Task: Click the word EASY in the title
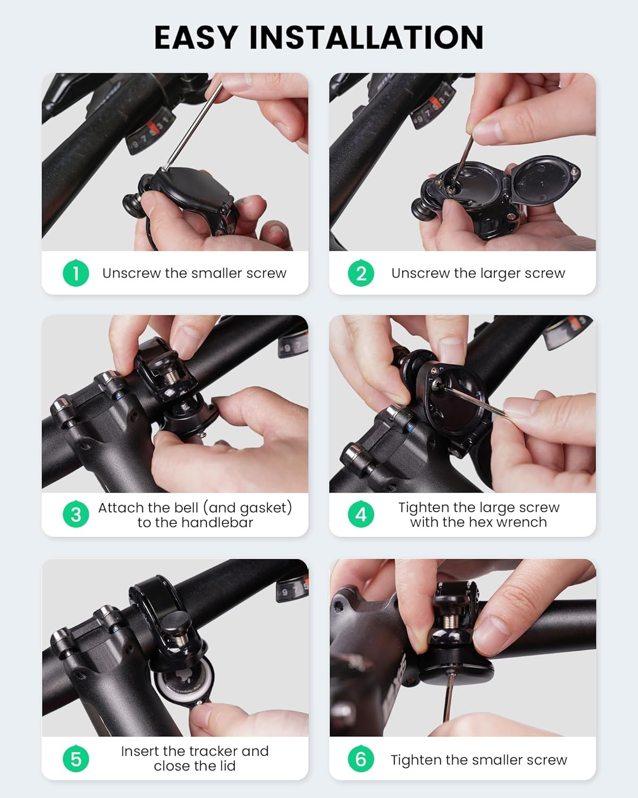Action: [196, 37]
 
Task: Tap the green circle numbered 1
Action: [75, 273]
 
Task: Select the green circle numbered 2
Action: [361, 273]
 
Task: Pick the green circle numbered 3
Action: [75, 514]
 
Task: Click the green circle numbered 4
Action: [361, 514]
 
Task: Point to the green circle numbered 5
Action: [75, 759]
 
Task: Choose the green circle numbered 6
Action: [361, 759]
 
